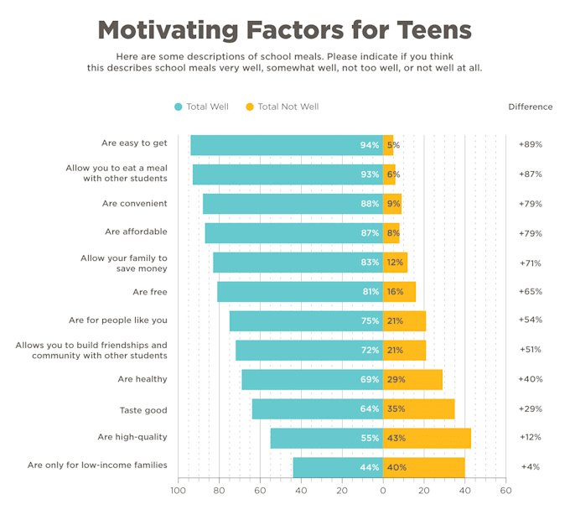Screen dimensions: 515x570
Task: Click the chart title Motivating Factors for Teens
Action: tap(284, 29)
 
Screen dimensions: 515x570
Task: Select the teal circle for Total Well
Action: tap(179, 107)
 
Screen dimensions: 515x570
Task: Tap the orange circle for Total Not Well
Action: tap(250, 107)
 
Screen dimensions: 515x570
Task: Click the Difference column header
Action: tap(530, 107)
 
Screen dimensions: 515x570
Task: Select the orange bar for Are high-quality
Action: tap(427, 438)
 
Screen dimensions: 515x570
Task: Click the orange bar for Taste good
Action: tap(418, 409)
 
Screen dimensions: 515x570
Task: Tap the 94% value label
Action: tap(370, 145)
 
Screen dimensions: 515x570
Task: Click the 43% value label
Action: tap(396, 438)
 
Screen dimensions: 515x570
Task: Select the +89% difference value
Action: tap(530, 144)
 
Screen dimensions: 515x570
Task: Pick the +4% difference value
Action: tap(530, 466)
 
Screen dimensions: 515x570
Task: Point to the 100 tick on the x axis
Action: tap(179, 492)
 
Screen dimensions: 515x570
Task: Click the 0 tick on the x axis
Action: tap(383, 492)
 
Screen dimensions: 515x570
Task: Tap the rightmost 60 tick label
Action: tap(505, 492)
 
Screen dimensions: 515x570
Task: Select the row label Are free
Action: tap(150, 292)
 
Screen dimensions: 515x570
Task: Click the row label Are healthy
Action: tap(142, 379)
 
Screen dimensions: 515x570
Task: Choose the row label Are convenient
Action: tap(135, 203)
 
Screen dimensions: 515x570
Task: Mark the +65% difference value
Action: tap(530, 291)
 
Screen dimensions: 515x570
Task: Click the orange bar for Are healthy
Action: tap(412, 379)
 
